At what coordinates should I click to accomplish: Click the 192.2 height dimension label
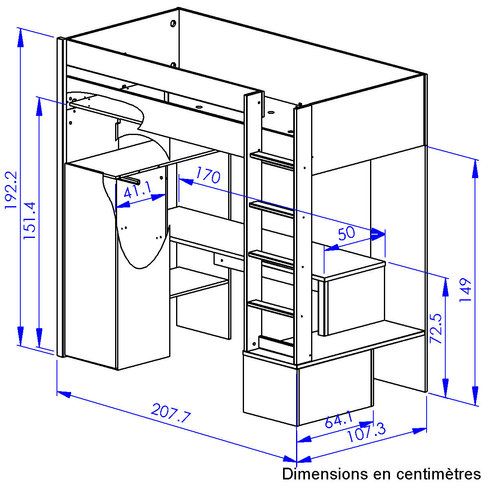(11, 190)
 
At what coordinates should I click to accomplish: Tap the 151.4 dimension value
(29, 220)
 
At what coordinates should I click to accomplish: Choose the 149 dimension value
(465, 290)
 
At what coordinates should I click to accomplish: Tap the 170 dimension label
(208, 175)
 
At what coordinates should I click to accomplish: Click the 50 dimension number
(346, 233)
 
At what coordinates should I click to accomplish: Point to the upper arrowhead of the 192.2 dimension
(20, 37)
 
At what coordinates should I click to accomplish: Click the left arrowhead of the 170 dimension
(186, 181)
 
